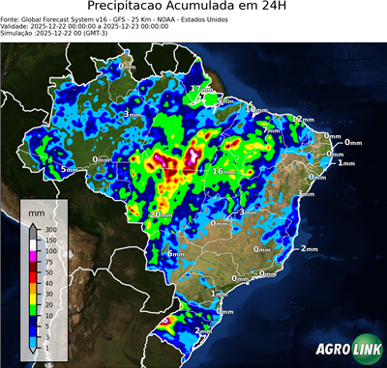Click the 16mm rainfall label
[224, 171]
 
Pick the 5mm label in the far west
[69, 170]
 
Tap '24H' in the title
[282, 9]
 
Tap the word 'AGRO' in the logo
[332, 350]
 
